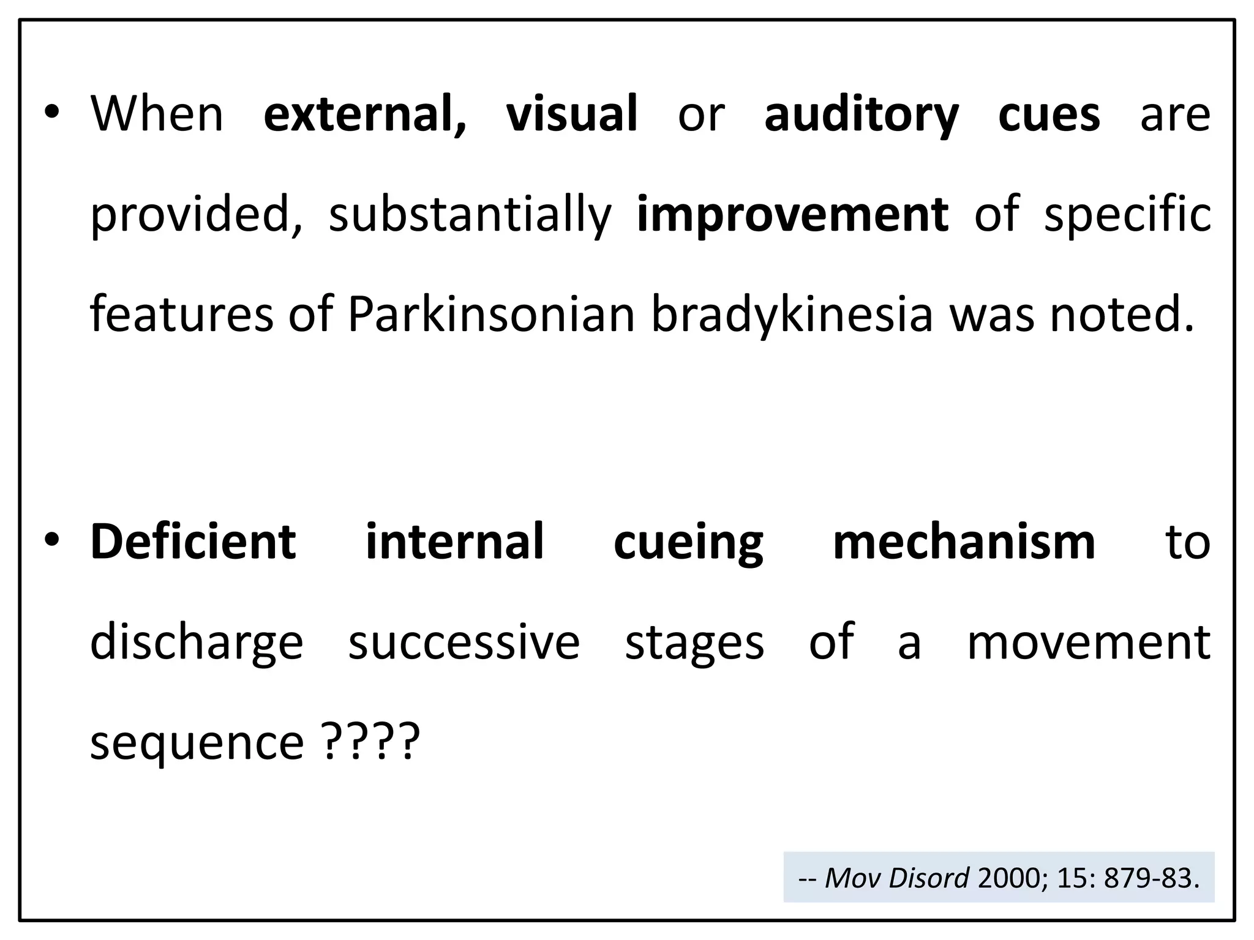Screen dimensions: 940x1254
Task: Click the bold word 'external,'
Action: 365,114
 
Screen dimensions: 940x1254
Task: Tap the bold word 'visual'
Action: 572,114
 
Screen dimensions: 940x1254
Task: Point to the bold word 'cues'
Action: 1049,114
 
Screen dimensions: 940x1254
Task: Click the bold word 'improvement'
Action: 793,215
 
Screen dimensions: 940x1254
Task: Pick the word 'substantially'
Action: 470,215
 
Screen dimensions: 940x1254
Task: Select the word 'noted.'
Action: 1122,315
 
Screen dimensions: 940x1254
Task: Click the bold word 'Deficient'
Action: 193,542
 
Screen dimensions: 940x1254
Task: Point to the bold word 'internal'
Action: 454,542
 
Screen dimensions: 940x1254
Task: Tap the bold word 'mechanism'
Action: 964,542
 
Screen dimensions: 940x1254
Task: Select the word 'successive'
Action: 464,643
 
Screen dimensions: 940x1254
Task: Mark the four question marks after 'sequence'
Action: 370,741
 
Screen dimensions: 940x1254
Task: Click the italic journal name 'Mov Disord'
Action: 897,878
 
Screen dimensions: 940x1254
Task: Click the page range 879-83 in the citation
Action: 1151,878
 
